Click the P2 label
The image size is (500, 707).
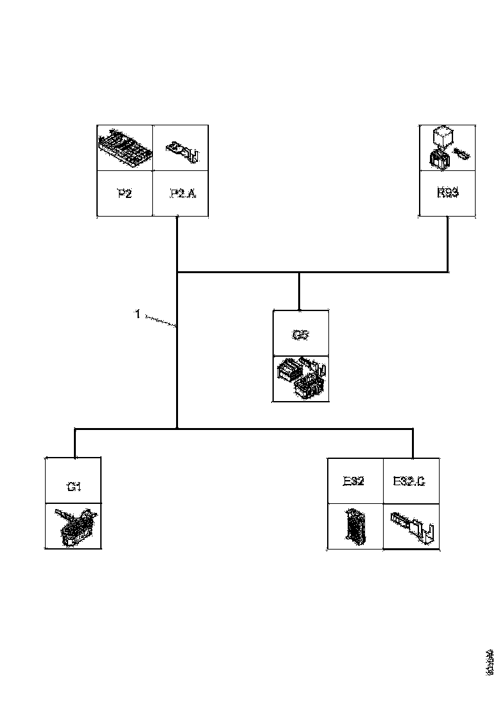(125, 193)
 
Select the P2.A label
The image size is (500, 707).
(183, 193)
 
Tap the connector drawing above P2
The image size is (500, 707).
(125, 148)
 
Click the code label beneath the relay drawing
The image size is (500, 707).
(447, 192)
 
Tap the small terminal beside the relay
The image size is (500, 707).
(461, 154)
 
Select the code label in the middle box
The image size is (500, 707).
(301, 334)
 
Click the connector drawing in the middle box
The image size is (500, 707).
(301, 379)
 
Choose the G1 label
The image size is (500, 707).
(74, 487)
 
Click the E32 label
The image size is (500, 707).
(353, 481)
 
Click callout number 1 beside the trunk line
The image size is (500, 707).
(137, 314)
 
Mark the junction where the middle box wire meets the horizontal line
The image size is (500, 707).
(299, 273)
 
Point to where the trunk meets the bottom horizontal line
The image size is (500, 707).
(177, 428)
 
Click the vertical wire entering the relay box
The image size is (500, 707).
(448, 244)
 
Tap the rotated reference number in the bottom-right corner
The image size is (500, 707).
(490, 662)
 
